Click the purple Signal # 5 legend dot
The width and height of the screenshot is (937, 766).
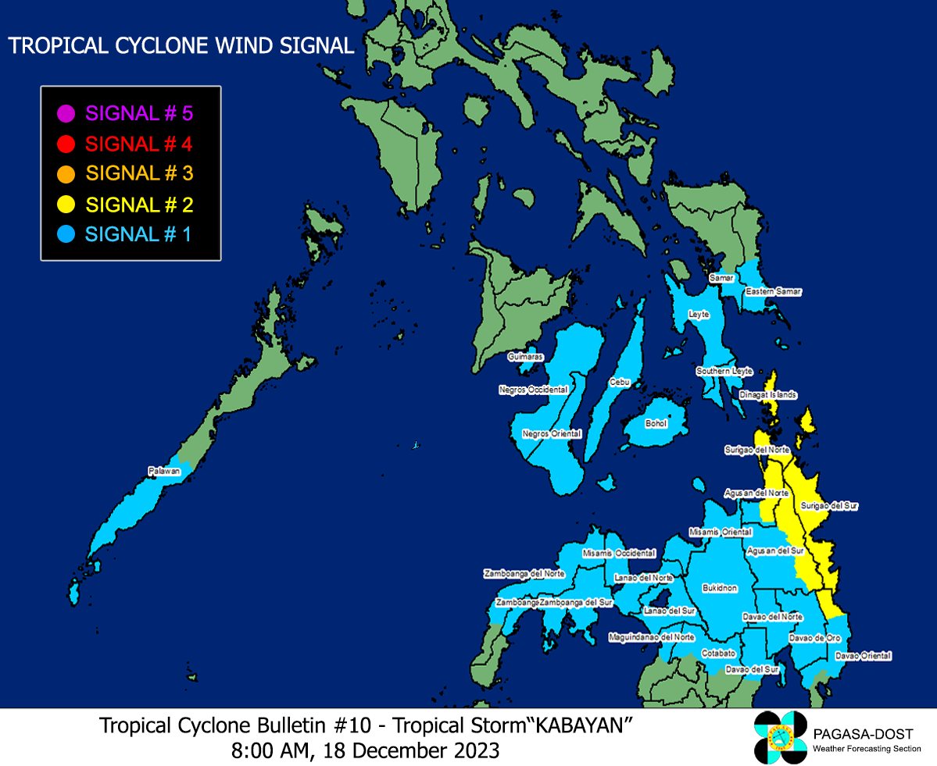[x=66, y=113]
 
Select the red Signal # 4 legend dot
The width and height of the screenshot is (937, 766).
[x=66, y=144]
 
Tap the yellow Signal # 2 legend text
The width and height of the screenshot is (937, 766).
[x=139, y=205]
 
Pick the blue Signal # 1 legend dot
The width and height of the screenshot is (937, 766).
[x=66, y=233]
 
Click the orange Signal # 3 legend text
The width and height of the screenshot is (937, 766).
[x=139, y=173]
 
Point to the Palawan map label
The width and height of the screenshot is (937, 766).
[x=164, y=471]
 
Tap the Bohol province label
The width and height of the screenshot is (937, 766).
[x=656, y=423]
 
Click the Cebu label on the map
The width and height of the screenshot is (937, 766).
[x=618, y=383]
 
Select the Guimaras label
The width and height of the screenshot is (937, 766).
[x=525, y=357]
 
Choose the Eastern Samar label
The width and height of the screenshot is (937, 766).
[x=773, y=291]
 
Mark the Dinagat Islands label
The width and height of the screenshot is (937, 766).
[x=768, y=395]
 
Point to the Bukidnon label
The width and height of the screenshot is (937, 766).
[x=720, y=589]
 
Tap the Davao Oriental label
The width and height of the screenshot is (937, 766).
[x=863, y=656]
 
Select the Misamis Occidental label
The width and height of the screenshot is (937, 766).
[x=619, y=553]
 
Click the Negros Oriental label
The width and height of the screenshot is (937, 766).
[x=552, y=433]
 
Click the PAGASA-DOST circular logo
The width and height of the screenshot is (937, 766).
[x=779, y=737]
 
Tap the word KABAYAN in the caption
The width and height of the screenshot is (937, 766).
[x=581, y=725]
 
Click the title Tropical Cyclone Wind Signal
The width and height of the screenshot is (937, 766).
[x=181, y=46]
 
